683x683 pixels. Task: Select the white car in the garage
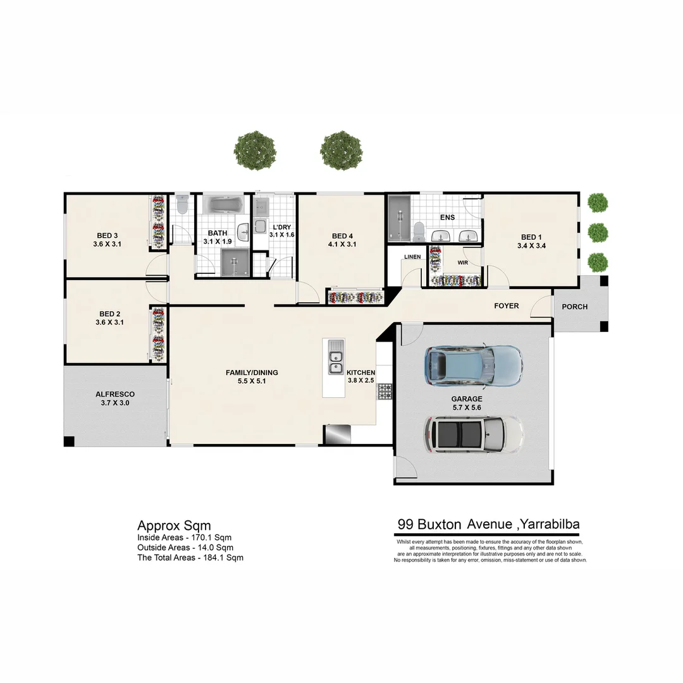click(473, 434)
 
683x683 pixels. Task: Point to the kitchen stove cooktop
click(385, 391)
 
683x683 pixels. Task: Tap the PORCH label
click(574, 307)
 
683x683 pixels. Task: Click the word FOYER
click(506, 306)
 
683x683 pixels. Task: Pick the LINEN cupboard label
click(412, 257)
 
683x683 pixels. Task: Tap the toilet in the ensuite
click(419, 229)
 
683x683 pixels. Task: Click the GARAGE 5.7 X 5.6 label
click(467, 403)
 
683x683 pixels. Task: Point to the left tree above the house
click(255, 151)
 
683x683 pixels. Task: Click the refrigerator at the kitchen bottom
click(336, 435)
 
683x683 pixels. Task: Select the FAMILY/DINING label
click(252, 372)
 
